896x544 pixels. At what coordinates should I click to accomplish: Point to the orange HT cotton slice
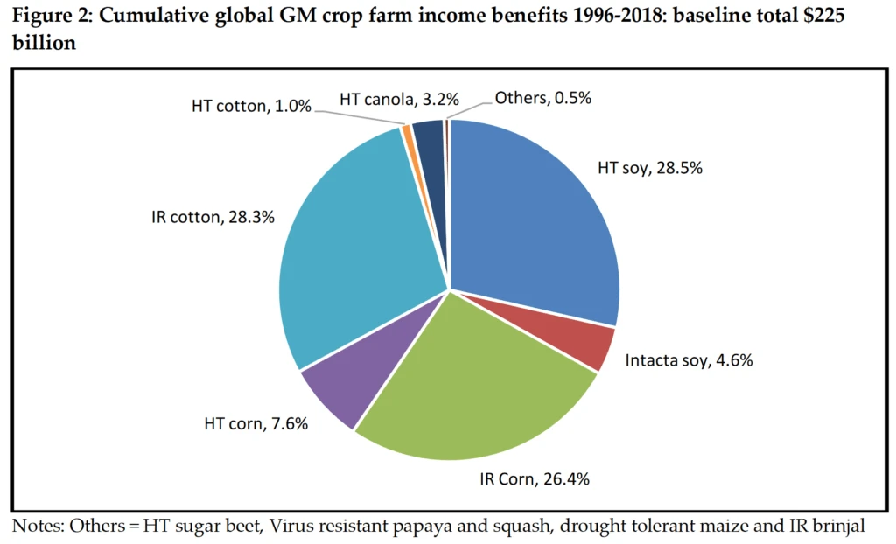406,132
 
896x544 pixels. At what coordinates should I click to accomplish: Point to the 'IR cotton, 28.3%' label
213,217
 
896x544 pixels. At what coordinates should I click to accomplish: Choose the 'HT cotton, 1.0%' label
251,106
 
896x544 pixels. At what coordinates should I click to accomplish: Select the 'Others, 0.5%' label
543,98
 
